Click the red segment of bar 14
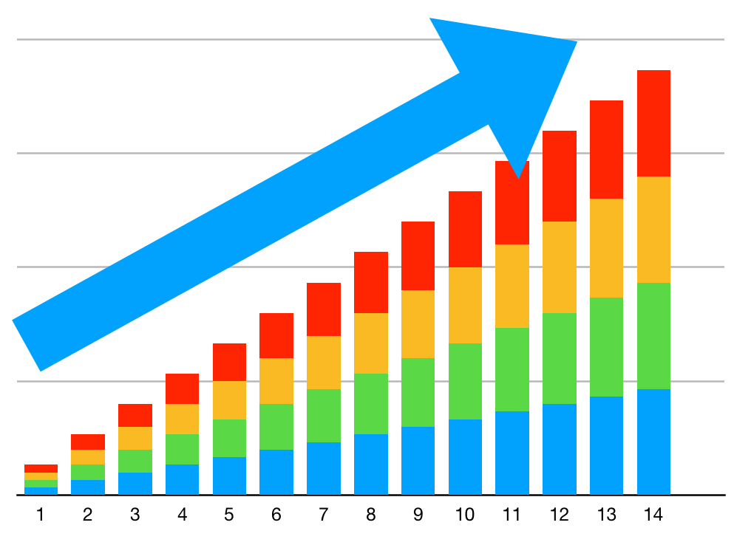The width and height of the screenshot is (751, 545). click(x=653, y=123)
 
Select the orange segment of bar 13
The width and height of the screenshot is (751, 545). click(x=606, y=248)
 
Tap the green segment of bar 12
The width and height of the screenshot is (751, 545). click(x=559, y=358)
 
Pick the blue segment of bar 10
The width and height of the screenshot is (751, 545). click(x=465, y=456)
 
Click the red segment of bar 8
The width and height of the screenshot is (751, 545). click(x=371, y=282)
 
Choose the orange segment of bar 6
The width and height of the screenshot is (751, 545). click(x=276, y=381)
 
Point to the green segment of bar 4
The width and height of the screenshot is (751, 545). click(x=182, y=449)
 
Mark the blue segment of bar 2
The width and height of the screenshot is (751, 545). click(x=88, y=487)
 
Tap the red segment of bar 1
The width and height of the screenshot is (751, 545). click(x=41, y=468)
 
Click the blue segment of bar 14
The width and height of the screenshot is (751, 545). click(x=653, y=442)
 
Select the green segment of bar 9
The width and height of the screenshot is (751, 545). click(x=418, y=392)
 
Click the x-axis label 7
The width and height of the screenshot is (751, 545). click(x=323, y=515)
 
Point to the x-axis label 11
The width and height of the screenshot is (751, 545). click(x=512, y=515)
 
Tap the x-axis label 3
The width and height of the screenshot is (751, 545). click(x=135, y=515)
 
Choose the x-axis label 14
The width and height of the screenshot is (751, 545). click(x=653, y=515)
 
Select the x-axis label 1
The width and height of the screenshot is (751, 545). click(x=41, y=515)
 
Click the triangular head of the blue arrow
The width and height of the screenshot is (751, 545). click(x=510, y=81)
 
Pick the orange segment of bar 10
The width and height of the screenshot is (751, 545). click(x=465, y=305)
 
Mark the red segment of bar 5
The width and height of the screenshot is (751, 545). click(x=229, y=362)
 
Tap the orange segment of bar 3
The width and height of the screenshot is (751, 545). click(x=135, y=438)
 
